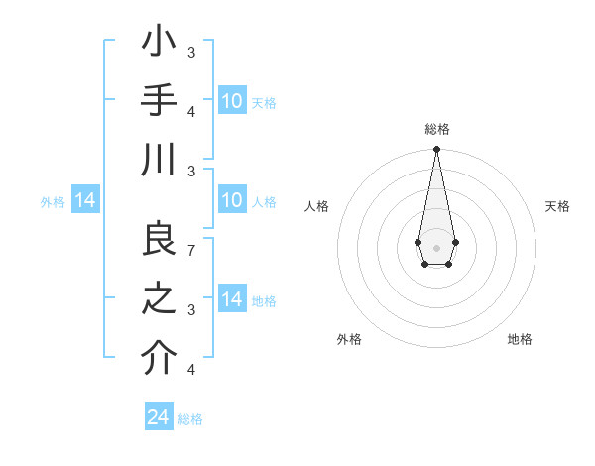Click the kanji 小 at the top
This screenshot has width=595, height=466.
[159, 44]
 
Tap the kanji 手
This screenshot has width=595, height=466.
[159, 100]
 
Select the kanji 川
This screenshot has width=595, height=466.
[159, 159]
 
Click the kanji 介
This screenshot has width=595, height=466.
[159, 359]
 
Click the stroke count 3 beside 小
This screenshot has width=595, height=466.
[191, 52]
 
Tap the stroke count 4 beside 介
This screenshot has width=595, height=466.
[191, 370]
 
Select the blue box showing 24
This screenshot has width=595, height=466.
[159, 417]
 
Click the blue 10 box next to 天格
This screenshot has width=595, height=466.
[231, 101]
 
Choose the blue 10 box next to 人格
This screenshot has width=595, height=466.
[231, 201]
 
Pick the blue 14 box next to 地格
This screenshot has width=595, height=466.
[231, 299]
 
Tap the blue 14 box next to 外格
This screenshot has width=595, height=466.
[85, 201]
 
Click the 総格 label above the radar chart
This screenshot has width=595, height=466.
[436, 130]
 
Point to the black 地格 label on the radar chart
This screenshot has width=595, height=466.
[520, 339]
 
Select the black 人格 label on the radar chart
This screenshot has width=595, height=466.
[317, 206]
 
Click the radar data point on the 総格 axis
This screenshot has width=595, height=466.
[436, 150]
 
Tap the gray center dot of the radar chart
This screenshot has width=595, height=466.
[436, 246]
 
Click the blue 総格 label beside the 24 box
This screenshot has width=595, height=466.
[190, 418]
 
